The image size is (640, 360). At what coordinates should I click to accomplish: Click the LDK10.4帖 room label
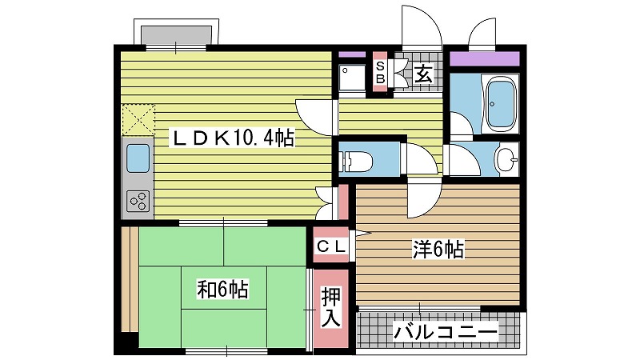point(232,138)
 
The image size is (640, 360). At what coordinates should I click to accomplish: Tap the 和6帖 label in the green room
point(222,290)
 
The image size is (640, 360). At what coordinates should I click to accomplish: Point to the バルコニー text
point(446,332)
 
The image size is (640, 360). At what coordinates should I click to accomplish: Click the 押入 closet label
point(330,307)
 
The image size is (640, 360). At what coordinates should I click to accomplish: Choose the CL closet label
point(331,246)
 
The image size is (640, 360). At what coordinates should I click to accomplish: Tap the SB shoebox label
point(380,72)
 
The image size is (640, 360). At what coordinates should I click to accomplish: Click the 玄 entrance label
point(423,74)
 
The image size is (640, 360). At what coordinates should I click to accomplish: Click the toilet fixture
point(356,162)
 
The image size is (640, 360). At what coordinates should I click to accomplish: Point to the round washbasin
point(506,158)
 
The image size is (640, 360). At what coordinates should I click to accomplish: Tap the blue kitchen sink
point(138,158)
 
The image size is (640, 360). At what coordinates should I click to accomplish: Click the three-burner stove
point(138,201)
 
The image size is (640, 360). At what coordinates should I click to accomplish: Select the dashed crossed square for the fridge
point(138,119)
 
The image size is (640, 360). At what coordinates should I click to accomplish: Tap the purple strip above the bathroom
point(485,58)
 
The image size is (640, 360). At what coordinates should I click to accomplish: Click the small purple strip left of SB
point(352,54)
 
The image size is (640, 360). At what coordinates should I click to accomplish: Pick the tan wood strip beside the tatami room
point(130,278)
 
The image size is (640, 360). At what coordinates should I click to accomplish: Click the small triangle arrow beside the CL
point(362,234)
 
